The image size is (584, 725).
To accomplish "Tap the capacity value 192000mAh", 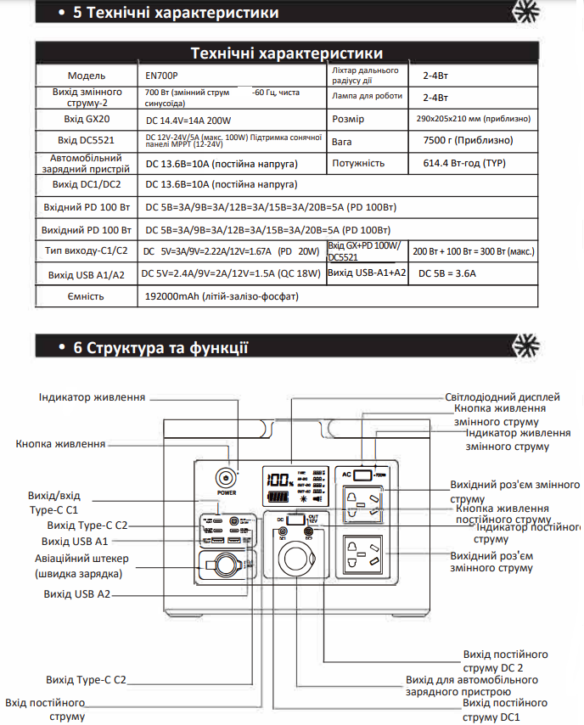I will tap(222, 296).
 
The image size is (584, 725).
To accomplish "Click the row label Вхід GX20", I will tap(86, 119).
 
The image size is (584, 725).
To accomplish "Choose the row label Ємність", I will tap(86, 296).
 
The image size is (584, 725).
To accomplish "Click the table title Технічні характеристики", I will tap(286, 53).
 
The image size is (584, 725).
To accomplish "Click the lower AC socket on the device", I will tap(363, 556).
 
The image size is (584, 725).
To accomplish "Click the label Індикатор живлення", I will tap(93, 397).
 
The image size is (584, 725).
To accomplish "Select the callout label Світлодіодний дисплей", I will tap(503, 396).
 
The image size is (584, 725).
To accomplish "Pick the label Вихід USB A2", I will tap(77, 594).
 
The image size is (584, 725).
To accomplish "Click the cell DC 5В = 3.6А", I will tap(447, 273).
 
